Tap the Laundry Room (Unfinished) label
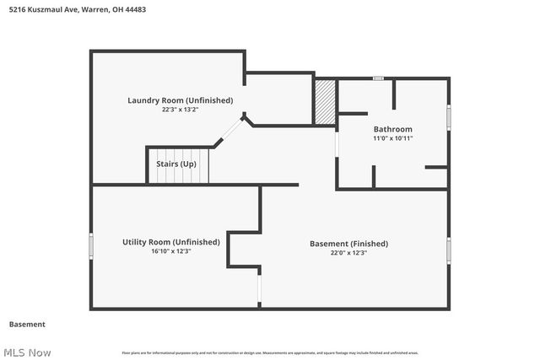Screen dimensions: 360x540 click(x=180, y=100)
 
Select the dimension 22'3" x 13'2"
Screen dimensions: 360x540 click(x=180, y=110)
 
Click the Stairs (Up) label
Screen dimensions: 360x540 click(x=177, y=164)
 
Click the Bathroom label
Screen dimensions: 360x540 click(x=392, y=129)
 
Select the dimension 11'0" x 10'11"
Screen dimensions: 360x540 click(x=392, y=138)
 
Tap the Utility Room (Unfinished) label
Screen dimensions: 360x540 click(x=170, y=242)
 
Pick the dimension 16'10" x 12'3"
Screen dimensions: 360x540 click(x=170, y=251)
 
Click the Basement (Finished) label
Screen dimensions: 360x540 click(x=348, y=244)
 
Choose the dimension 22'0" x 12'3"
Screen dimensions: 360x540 click(x=348, y=253)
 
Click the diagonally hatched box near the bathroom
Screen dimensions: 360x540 click(x=324, y=102)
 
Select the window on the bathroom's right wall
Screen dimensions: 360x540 click(x=449, y=116)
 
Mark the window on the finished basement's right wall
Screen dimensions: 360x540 click(x=449, y=250)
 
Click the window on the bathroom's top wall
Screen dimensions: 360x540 click(x=379, y=78)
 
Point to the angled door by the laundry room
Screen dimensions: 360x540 click(x=228, y=132)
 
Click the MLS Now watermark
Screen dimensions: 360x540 click(x=27, y=352)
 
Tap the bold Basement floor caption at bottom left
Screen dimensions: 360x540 click(x=27, y=325)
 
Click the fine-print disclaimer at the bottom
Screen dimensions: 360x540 click(x=270, y=352)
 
